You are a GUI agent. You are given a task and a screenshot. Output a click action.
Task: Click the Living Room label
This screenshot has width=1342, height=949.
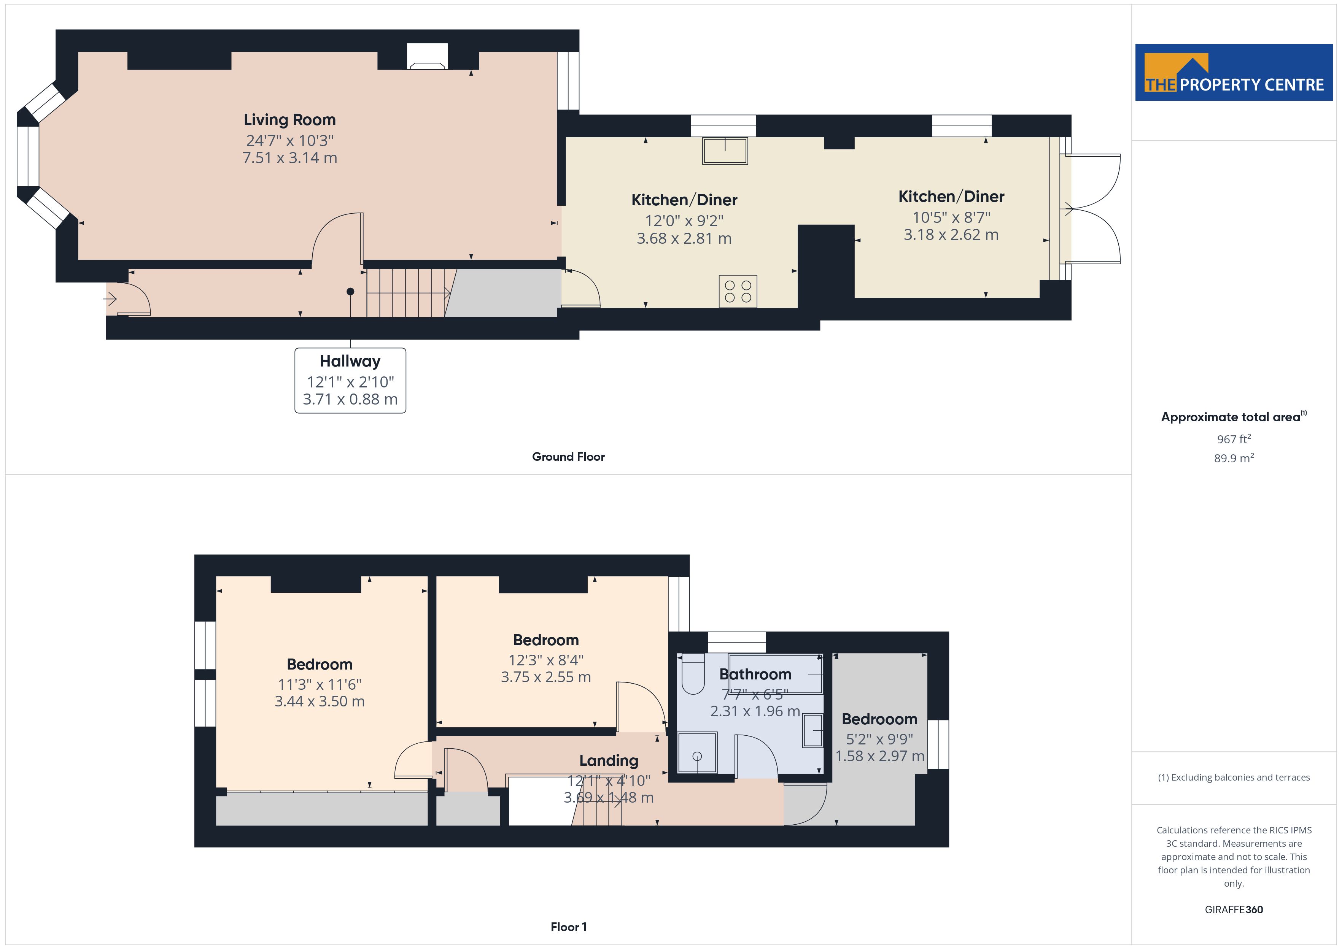click(289, 120)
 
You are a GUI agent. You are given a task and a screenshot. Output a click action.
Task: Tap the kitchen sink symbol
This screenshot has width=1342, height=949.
click(725, 151)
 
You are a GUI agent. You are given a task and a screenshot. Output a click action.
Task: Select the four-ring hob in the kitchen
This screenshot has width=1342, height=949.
click(738, 291)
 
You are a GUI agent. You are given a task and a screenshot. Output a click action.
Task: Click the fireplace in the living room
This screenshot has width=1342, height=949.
click(427, 57)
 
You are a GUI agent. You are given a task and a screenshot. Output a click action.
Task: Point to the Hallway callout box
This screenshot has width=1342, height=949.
click(350, 381)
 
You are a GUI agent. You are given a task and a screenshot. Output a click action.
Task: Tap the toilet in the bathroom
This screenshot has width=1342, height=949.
click(693, 674)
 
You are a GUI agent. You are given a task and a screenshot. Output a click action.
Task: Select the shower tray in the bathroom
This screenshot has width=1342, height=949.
click(697, 753)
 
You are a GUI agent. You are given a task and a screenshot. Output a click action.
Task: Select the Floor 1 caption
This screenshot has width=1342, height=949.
click(568, 927)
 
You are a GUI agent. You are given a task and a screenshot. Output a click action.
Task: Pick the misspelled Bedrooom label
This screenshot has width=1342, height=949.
click(879, 719)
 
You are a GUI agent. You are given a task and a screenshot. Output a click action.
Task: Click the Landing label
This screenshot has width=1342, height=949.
click(609, 761)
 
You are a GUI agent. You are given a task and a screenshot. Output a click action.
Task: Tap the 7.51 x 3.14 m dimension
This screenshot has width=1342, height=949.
click(289, 158)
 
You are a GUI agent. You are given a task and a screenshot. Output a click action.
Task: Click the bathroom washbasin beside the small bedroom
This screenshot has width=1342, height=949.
click(813, 730)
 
